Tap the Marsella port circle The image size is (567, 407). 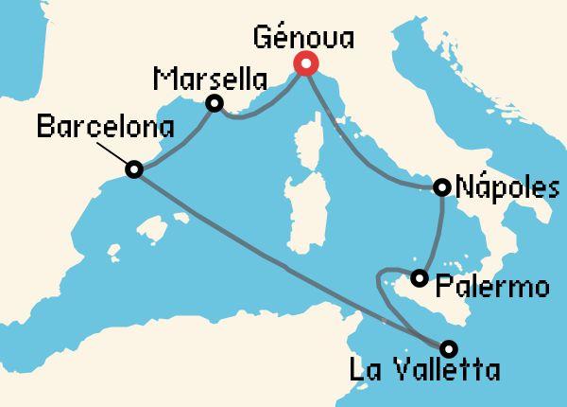(215, 102)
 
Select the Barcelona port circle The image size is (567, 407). (134, 169)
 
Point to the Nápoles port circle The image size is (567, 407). (441, 187)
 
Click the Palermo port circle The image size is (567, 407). (419, 278)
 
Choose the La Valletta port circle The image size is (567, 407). (448, 346)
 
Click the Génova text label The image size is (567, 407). (305, 39)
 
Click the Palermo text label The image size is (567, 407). (493, 285)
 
